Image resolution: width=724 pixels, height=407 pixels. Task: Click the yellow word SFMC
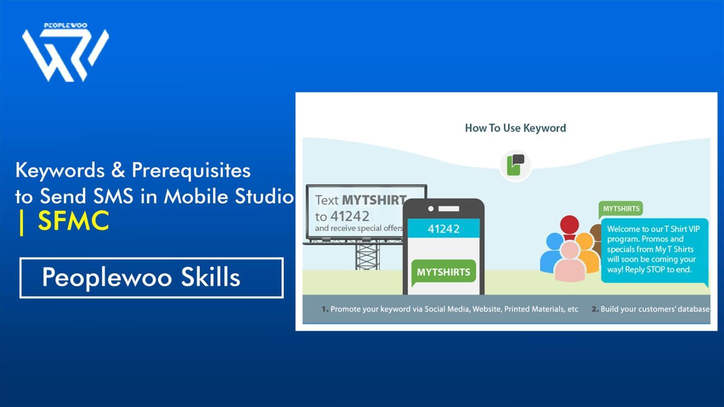(x=73, y=221)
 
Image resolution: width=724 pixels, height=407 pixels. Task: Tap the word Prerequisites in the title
(x=191, y=170)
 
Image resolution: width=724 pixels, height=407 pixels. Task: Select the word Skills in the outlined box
(x=210, y=277)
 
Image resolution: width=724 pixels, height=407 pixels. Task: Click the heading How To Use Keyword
(x=515, y=128)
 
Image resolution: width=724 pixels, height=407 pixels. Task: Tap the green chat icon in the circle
(x=515, y=165)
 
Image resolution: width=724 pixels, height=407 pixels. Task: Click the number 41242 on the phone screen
(x=443, y=229)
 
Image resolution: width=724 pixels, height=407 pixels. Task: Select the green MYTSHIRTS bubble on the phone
(x=443, y=272)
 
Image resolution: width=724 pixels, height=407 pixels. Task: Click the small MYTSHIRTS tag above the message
(x=621, y=208)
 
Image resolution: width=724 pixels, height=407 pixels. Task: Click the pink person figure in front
(x=570, y=262)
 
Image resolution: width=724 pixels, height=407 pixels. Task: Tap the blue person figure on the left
(x=553, y=253)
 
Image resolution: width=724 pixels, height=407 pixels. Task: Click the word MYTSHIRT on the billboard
(x=374, y=200)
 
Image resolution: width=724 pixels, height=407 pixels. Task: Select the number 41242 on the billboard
(x=349, y=216)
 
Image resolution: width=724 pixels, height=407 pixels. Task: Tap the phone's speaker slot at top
(x=448, y=209)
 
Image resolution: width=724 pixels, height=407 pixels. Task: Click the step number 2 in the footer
(x=595, y=309)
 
